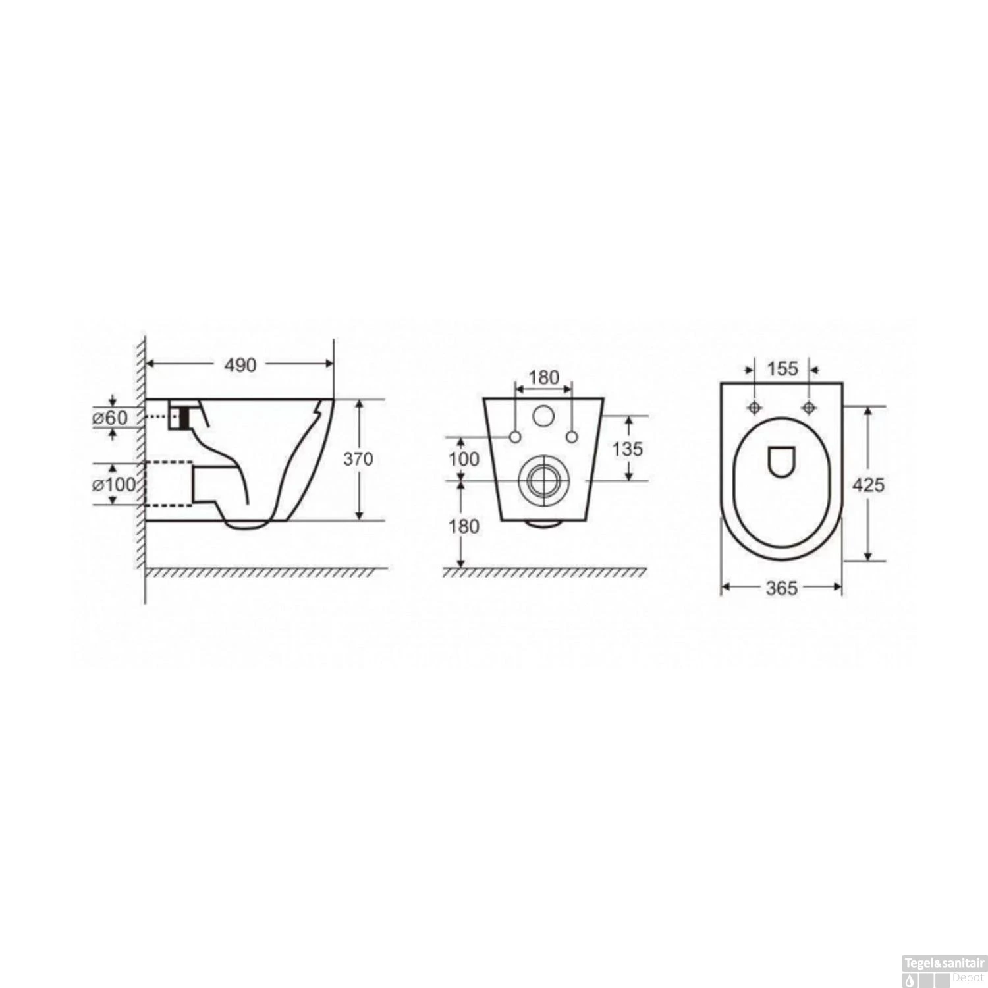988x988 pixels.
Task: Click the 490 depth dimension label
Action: point(240,364)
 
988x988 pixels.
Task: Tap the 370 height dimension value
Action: point(358,459)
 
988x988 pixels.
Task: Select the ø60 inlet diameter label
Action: point(110,418)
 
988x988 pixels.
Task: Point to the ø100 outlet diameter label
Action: point(113,485)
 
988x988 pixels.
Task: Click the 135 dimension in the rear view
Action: point(627,449)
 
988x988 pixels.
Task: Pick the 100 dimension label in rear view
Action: point(464,458)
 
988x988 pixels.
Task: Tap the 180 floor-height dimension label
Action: point(464,526)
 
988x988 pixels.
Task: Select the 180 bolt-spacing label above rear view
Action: point(544,377)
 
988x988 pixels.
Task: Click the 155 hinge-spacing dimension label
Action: point(782,368)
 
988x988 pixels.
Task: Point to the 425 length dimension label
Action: point(869,485)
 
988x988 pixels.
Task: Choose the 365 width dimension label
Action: point(782,588)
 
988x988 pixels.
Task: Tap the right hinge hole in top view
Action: point(808,408)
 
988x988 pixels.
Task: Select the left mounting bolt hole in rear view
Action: point(515,437)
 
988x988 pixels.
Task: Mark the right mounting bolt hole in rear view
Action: point(572,437)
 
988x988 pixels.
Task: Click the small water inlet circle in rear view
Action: point(543,415)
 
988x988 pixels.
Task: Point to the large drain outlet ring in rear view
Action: point(543,480)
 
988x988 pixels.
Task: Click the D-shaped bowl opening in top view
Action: point(781,460)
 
